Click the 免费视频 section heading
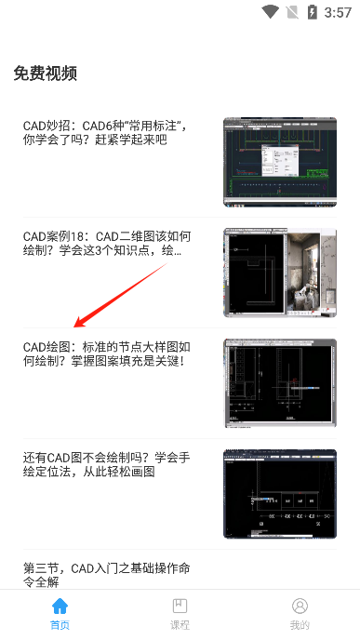46,73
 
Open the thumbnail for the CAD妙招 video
279,162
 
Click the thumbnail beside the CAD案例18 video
279,273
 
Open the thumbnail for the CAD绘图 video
279,383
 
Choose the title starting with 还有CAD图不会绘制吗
106,464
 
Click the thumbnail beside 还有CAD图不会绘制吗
279,494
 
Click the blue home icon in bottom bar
60,607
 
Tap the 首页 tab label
60,626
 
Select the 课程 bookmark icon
180,607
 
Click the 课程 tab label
180,626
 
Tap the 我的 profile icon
300,607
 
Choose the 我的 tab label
300,626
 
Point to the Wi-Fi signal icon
271,12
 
